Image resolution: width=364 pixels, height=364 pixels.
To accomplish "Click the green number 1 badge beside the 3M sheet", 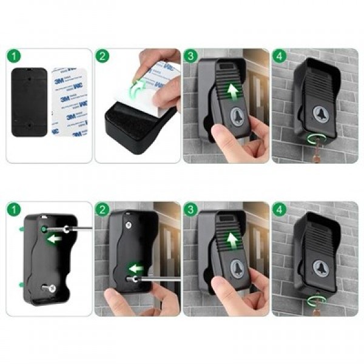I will pyautogui.click(x=14, y=57).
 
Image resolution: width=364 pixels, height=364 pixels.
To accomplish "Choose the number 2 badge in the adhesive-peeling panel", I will pyautogui.click(x=103, y=57).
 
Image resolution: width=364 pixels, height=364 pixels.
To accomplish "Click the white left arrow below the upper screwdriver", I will pyautogui.click(x=55, y=239).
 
